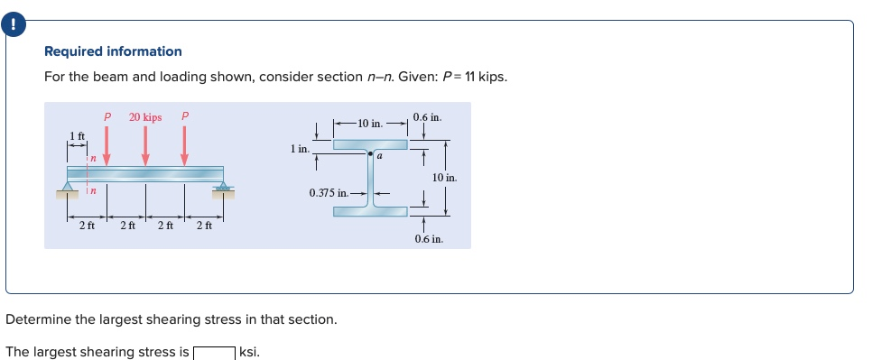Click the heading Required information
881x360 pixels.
(x=113, y=51)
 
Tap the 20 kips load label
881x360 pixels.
(x=145, y=117)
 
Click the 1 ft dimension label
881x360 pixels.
(x=78, y=135)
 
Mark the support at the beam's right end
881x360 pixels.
(x=222, y=189)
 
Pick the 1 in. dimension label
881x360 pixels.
(x=300, y=146)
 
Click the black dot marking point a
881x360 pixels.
(x=370, y=155)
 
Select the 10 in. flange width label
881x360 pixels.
(x=370, y=122)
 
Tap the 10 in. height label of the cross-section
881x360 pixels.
(x=444, y=178)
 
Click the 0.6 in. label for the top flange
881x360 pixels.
(x=427, y=117)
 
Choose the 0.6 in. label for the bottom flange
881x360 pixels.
(x=429, y=239)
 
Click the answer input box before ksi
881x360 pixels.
(x=214, y=352)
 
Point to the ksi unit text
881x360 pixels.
(x=249, y=352)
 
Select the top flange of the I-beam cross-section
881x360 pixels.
(x=370, y=143)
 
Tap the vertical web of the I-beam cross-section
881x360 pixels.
(x=370, y=180)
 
